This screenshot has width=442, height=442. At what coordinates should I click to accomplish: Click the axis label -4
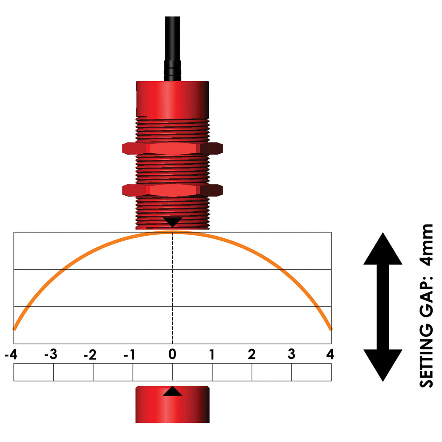pos(11,354)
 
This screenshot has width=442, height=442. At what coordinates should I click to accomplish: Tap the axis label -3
pos(51,354)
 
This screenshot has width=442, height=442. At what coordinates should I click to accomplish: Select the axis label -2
pos(90,354)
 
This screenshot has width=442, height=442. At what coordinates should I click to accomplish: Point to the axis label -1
pos(130,354)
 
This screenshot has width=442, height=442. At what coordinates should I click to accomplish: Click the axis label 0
pos(172,354)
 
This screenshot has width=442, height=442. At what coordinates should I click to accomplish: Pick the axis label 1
pos(212,354)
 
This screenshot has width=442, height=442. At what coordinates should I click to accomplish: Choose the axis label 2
pos(251,354)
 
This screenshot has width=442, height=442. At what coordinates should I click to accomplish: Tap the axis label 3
pos(291,354)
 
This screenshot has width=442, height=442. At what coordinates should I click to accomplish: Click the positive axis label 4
pos(330,354)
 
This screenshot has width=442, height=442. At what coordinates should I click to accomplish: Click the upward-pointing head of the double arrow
pos(383,250)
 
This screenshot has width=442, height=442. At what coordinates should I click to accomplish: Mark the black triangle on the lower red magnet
pos(172,392)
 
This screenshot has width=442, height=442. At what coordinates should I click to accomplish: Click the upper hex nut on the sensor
pos(172,148)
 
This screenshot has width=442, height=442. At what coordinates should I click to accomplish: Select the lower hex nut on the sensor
pos(172,190)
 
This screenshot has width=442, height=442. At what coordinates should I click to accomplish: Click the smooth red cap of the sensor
pos(172,99)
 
